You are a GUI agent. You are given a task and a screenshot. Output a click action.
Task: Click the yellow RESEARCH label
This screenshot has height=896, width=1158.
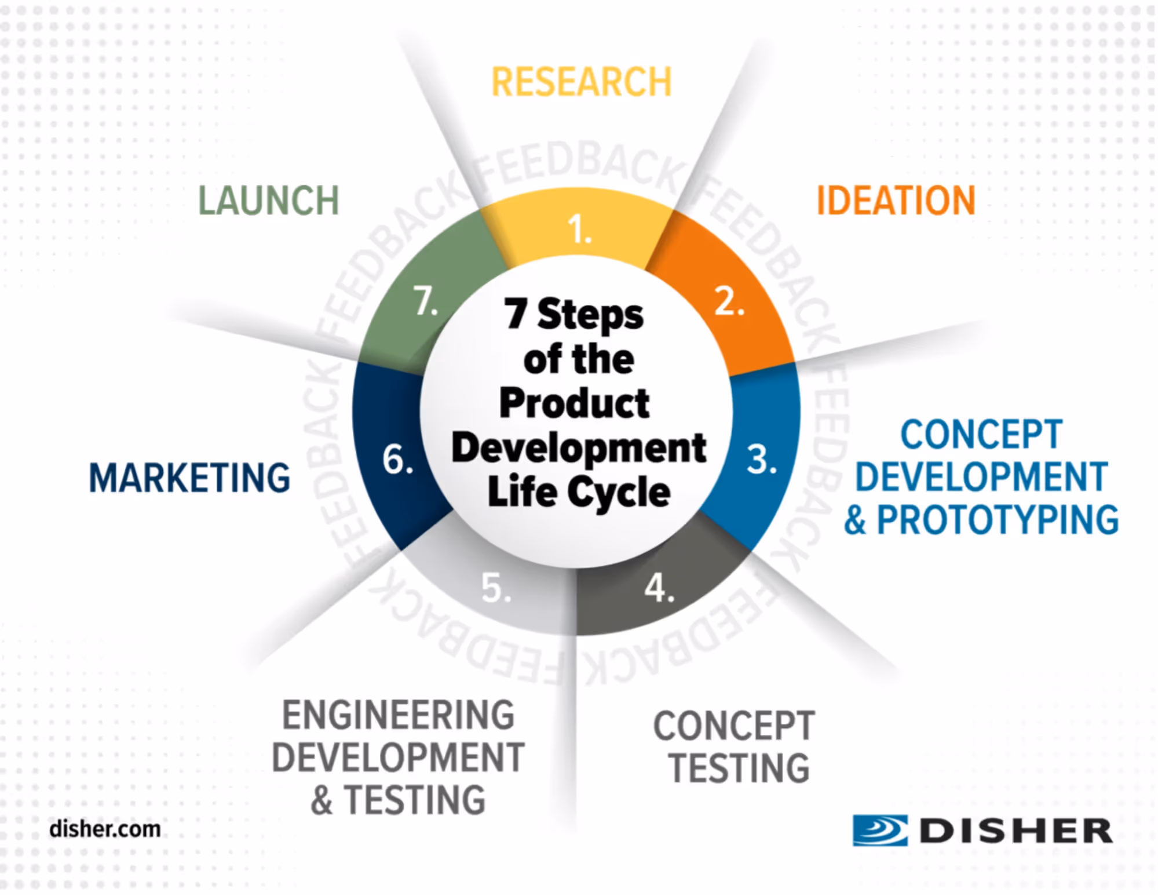pos(581,82)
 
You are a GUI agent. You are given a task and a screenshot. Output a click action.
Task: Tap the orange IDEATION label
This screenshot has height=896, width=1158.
pos(896,201)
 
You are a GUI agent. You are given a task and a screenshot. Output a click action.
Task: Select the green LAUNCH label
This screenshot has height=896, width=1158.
pos(269,201)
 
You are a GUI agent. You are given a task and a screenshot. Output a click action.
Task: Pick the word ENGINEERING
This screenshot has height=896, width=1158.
pos(399,715)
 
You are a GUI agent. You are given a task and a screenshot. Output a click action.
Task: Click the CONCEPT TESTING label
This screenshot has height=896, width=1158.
pos(735,746)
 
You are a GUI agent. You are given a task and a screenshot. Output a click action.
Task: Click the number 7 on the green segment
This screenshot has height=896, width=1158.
pos(426,302)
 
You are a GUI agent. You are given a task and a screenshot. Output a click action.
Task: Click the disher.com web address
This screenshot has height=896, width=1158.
pos(105,829)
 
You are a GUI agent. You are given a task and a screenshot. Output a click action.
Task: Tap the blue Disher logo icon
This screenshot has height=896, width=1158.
pos(879,831)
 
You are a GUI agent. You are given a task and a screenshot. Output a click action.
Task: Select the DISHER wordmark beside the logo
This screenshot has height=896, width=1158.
pos(1015,831)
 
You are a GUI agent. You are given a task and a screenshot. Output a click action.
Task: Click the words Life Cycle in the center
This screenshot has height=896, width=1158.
pos(579,492)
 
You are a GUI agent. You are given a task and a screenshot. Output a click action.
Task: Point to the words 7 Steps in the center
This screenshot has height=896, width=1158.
pos(573,315)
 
